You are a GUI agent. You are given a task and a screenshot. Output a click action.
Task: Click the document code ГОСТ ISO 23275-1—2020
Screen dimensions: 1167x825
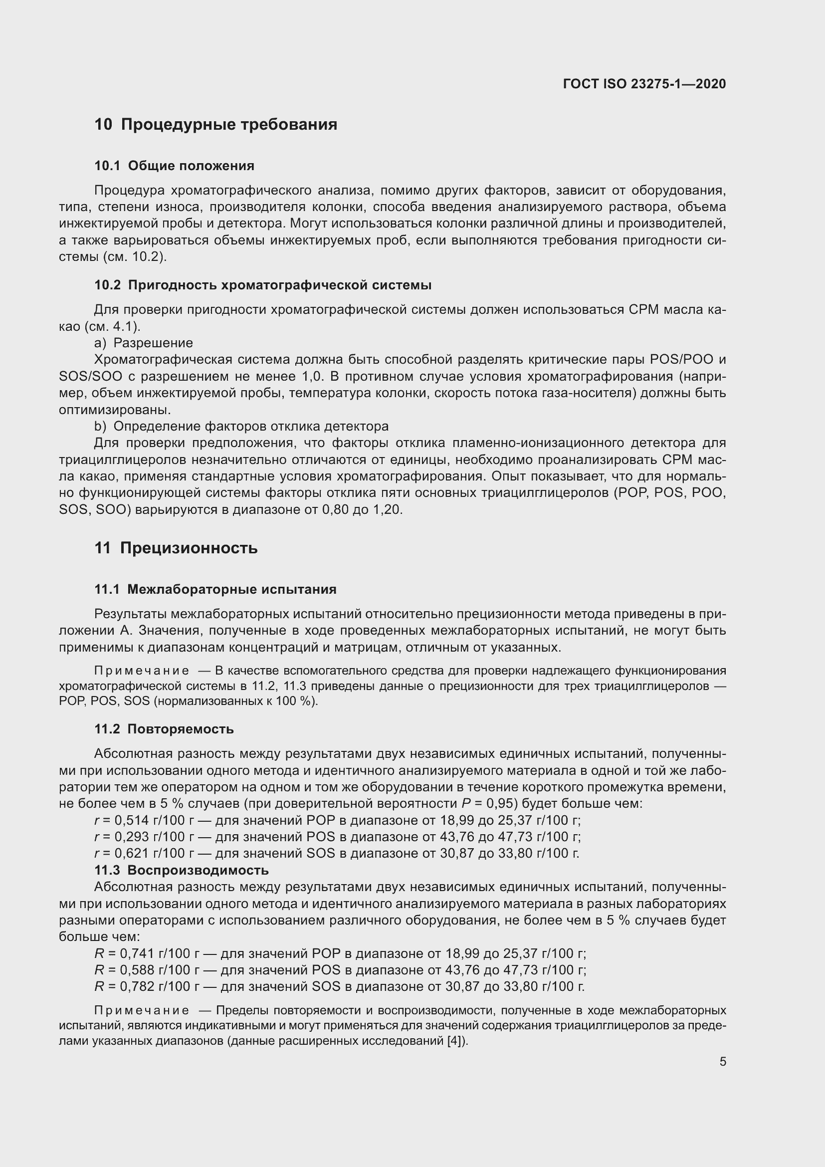click(644, 84)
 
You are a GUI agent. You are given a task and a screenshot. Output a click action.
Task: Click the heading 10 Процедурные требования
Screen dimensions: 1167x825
click(215, 125)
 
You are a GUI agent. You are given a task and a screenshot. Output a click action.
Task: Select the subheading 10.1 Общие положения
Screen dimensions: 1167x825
click(174, 166)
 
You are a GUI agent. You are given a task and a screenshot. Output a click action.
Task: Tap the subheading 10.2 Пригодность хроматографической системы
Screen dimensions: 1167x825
click(263, 285)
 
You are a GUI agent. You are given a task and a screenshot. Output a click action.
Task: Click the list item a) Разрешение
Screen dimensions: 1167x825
click(143, 343)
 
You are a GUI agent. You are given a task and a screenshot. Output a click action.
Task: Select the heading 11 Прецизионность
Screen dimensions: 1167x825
click(176, 548)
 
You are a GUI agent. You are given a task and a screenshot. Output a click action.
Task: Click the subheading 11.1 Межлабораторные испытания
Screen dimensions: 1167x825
click(215, 589)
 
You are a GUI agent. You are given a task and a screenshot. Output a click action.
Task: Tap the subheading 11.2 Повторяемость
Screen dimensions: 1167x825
click(164, 729)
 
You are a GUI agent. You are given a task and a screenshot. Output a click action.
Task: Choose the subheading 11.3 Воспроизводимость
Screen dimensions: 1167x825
click(182, 870)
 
